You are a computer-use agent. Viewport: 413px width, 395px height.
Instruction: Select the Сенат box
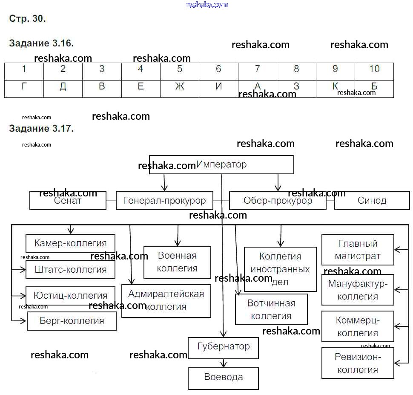[x=68, y=200]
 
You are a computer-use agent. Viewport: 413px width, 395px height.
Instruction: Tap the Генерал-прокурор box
[x=164, y=200]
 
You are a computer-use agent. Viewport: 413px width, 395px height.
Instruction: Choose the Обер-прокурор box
[x=278, y=200]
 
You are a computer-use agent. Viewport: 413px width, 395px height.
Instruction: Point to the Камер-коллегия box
[x=70, y=243]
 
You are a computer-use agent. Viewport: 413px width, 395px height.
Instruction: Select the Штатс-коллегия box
[x=70, y=269]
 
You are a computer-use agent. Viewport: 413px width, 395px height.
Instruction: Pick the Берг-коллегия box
[x=72, y=321]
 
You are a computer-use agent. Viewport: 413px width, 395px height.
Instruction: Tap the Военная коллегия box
[x=177, y=262]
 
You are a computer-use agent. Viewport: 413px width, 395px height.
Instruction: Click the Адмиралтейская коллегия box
[x=166, y=300]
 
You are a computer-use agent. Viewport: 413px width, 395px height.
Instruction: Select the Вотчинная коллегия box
[x=271, y=309]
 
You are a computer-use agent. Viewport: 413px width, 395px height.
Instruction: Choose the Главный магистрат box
[x=358, y=250]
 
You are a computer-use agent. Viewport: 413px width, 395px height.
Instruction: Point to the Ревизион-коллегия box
[x=358, y=363]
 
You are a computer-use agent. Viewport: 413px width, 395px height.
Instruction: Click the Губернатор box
[x=224, y=346]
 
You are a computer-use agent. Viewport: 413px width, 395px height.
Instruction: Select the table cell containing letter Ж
[x=180, y=86]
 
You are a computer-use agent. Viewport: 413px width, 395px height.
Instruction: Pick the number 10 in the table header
[x=374, y=69]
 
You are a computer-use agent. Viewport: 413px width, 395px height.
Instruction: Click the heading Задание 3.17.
[x=41, y=128]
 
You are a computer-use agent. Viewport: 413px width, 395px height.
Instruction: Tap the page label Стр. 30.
[x=27, y=19]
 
